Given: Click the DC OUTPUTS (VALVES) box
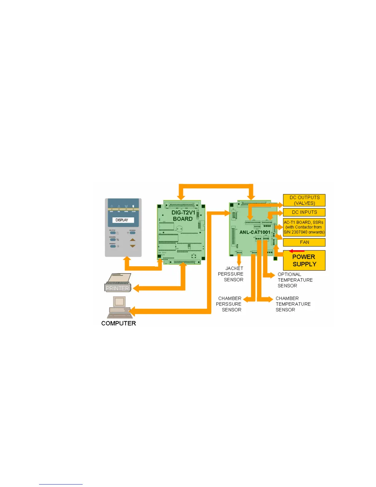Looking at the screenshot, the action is pyautogui.click(x=304, y=200).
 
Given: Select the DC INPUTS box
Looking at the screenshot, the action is pyautogui.click(x=304, y=212).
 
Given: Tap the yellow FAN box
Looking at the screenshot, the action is pyautogui.click(x=304, y=242).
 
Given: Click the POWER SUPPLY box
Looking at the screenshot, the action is pyautogui.click(x=304, y=261).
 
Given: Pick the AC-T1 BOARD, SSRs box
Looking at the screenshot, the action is pyautogui.click(x=304, y=227).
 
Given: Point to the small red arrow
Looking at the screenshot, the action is pyautogui.click(x=296, y=251).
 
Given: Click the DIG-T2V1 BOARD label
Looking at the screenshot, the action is pyautogui.click(x=183, y=216).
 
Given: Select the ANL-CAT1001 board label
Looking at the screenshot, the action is pyautogui.click(x=255, y=232).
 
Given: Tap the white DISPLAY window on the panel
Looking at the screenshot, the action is pyautogui.click(x=122, y=220).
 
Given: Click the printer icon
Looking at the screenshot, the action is pyautogui.click(x=118, y=283).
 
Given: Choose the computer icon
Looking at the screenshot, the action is pyautogui.click(x=120, y=307).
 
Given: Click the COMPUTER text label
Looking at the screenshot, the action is pyautogui.click(x=119, y=323).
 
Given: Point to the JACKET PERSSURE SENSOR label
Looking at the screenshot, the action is pyautogui.click(x=231, y=274).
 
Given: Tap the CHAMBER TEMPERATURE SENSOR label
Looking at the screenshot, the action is pyautogui.click(x=293, y=304).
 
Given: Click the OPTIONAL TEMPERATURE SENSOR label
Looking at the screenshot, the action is pyautogui.click(x=295, y=280).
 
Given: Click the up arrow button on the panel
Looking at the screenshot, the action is pyautogui.click(x=132, y=240).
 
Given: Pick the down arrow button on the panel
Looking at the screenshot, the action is pyautogui.click(x=132, y=246).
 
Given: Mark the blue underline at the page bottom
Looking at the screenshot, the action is pyautogui.click(x=61, y=484).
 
